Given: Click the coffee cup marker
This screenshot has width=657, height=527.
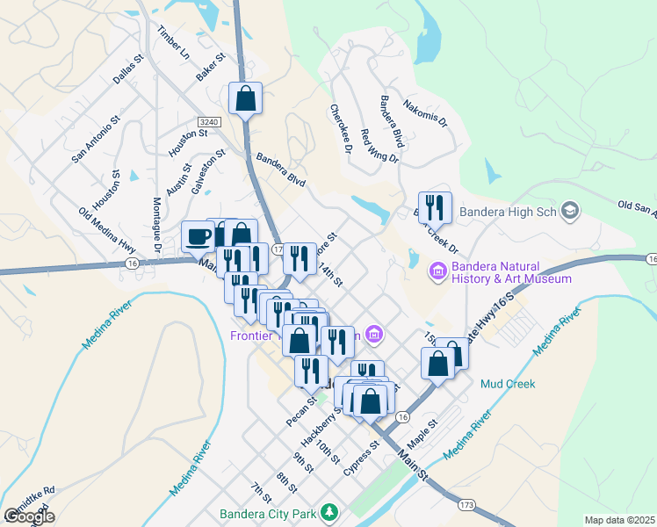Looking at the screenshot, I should coord(198,235).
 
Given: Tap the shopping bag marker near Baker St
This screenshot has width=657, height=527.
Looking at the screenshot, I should coord(246,97).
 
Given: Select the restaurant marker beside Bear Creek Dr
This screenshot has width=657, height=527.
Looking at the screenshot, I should coord(435,207).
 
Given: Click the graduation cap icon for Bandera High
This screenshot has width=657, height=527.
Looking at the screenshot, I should coord(571,211).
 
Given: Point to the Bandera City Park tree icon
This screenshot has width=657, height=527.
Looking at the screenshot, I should coord(329,511).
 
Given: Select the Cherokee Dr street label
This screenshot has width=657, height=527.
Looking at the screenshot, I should coord(341,130).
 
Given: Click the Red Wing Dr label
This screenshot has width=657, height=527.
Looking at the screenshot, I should coord(379,148).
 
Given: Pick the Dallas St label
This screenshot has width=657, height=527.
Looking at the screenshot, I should coord(127,69).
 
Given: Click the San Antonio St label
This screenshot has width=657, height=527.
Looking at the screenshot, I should coord(96,139).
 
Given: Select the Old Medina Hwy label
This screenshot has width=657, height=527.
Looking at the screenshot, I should coord(107,228).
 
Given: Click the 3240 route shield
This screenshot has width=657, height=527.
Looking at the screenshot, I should coord(208,121).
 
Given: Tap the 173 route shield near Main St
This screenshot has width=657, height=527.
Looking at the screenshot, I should coord(466,505).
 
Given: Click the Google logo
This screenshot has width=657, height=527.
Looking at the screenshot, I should coord(29,516).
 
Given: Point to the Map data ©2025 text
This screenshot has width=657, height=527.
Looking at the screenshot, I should coord(618,520).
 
